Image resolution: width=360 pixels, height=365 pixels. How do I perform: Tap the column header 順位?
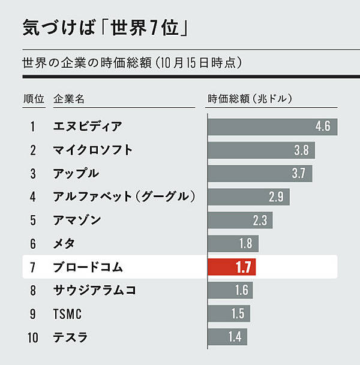click(33, 98)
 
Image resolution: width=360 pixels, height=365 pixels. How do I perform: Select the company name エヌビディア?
click(88, 126)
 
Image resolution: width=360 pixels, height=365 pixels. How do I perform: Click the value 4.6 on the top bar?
click(323, 127)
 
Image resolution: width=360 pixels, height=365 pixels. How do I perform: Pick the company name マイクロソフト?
click(93, 150)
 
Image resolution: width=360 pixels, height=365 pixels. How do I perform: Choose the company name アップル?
click(76, 173)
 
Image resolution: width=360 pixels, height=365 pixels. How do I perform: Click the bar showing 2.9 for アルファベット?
click(248, 197)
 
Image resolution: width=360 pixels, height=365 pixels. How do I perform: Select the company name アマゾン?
click(77, 220)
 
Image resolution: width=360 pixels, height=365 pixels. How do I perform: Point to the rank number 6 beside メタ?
click(33, 243)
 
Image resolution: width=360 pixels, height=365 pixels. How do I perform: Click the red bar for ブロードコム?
click(232, 267)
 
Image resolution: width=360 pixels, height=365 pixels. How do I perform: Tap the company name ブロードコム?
click(88, 267)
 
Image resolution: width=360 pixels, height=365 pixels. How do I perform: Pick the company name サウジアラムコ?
click(94, 290)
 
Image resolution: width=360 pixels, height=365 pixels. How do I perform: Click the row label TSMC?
click(67, 313)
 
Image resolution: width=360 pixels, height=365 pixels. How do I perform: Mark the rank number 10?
click(33, 337)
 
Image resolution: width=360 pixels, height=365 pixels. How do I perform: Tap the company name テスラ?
click(71, 337)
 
